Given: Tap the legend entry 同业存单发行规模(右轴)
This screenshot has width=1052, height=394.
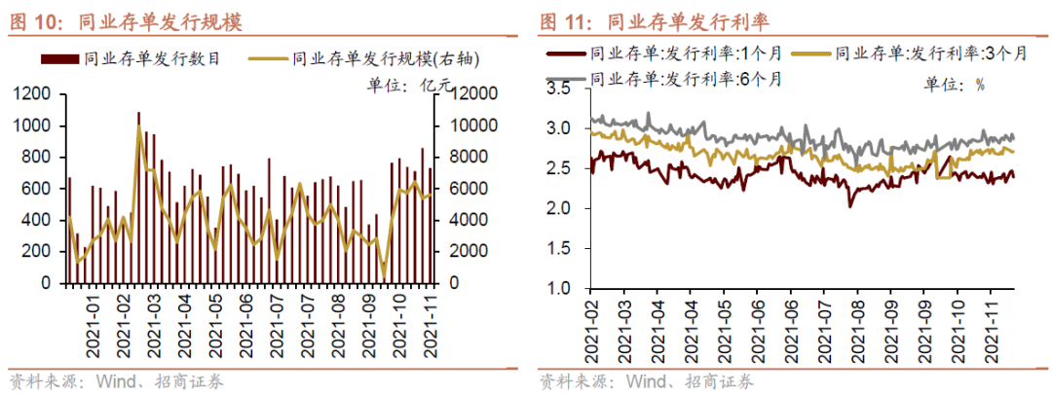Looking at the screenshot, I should click(370, 59).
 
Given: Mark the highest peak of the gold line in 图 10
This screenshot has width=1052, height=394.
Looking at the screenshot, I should click(138, 126).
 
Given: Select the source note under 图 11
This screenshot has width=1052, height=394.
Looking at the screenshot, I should click(648, 380).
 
